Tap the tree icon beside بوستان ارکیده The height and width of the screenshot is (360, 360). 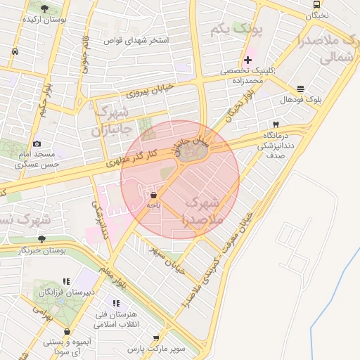[x=45, y=8]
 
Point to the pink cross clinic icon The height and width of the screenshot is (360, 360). [x=247, y=60]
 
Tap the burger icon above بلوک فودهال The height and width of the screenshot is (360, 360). [x=301, y=89]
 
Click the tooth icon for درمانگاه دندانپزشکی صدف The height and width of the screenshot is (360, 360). [x=275, y=124]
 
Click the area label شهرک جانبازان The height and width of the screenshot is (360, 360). [x=111, y=121]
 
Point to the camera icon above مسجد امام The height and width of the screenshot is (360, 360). [x=37, y=143]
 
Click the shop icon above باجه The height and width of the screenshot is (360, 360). [x=154, y=194]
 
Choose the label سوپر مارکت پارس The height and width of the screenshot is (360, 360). [x=155, y=348]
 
